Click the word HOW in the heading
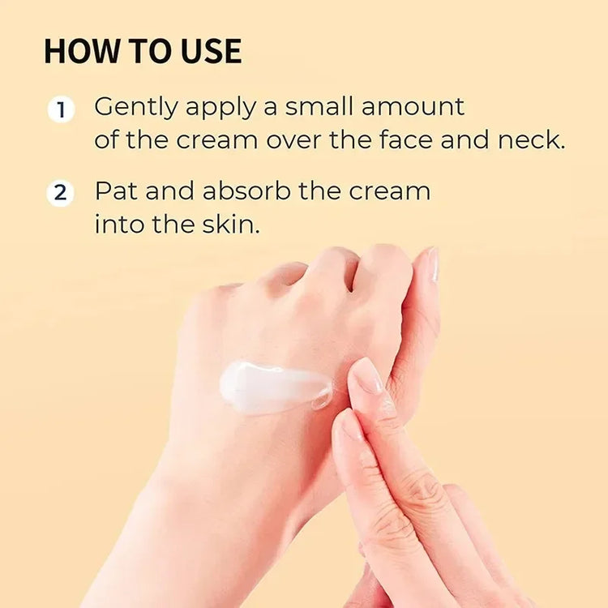pos(81,51)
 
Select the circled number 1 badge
pos(61,109)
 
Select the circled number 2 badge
pos(60,193)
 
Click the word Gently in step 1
pos(136,108)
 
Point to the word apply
pos(221,108)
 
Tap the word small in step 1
pos(319,106)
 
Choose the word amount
pos(413,107)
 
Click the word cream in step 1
pos(217,141)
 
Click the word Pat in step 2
pos(116,191)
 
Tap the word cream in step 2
pos(389,192)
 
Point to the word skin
pos(231,224)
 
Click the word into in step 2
pos(119,224)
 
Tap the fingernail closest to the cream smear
pos(366,375)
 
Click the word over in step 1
pos(293,141)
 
